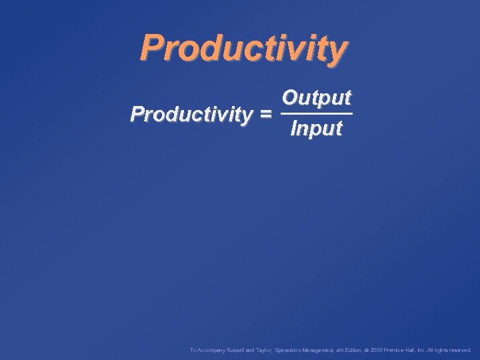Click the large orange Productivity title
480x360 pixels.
244,48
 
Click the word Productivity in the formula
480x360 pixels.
191,114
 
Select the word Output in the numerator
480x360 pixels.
316,98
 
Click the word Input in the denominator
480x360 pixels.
316,128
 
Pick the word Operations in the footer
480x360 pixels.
289,349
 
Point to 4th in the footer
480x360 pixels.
341,349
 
